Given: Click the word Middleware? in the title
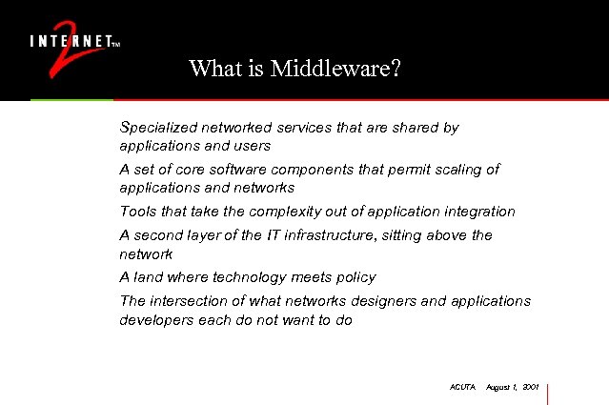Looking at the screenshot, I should pyautogui.click(x=335, y=69).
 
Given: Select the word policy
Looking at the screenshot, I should pyautogui.click(x=355, y=277).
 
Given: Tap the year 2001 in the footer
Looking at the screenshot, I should pyautogui.click(x=531, y=388).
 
